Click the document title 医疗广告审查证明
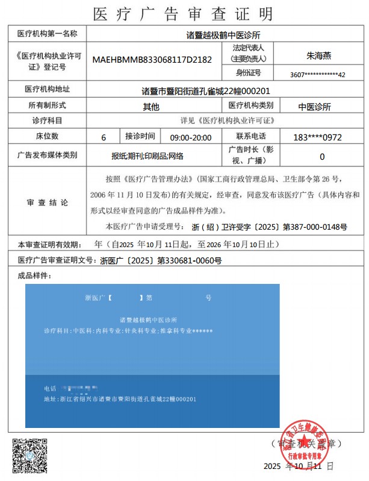coord(183,13)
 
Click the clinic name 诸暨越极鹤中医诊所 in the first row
coord(223,35)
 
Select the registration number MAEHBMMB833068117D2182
coord(152,60)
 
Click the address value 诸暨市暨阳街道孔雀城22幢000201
coord(205,91)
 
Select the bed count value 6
coord(104,137)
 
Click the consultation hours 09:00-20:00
coord(191,137)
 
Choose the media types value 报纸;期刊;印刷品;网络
coord(147,156)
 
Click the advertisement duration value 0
coord(322,156)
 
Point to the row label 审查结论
coord(48,202)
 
